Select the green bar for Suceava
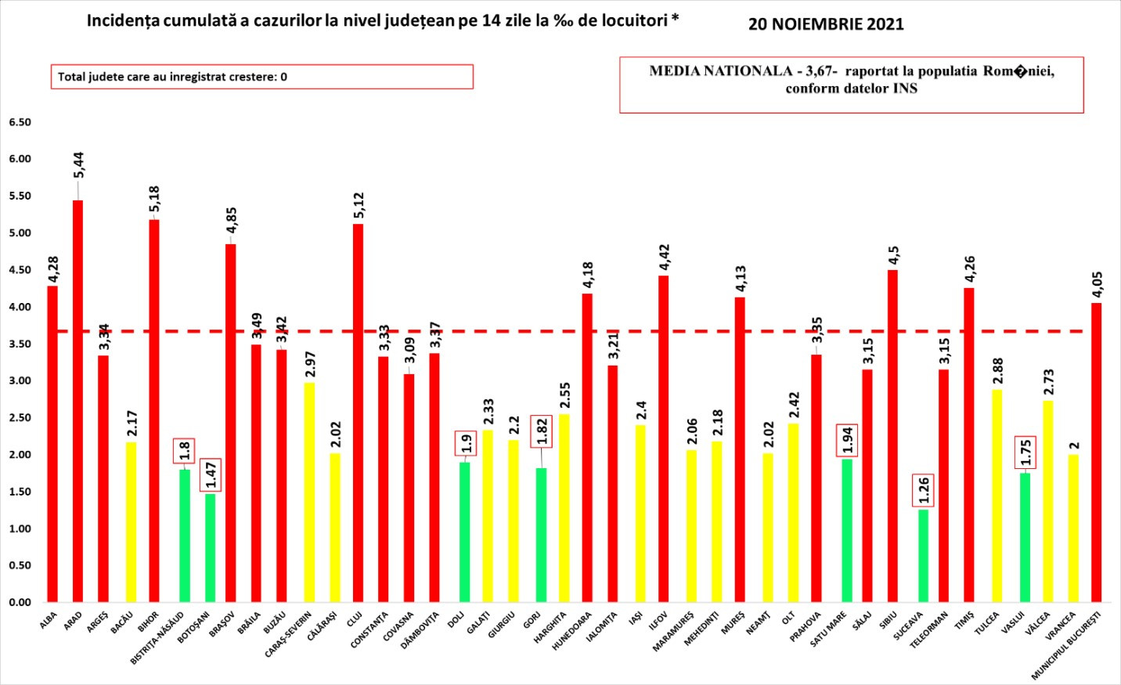click(924, 556)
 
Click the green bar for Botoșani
click(210, 548)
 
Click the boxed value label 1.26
click(924, 489)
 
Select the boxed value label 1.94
click(847, 440)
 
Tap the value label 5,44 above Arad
click(78, 164)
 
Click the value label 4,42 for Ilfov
click(664, 258)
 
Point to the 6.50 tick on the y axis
click(20, 122)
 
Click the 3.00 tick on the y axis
click(20, 381)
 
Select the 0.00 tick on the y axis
click(20, 602)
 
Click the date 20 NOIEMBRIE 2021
click(826, 24)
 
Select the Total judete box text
click(172, 77)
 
